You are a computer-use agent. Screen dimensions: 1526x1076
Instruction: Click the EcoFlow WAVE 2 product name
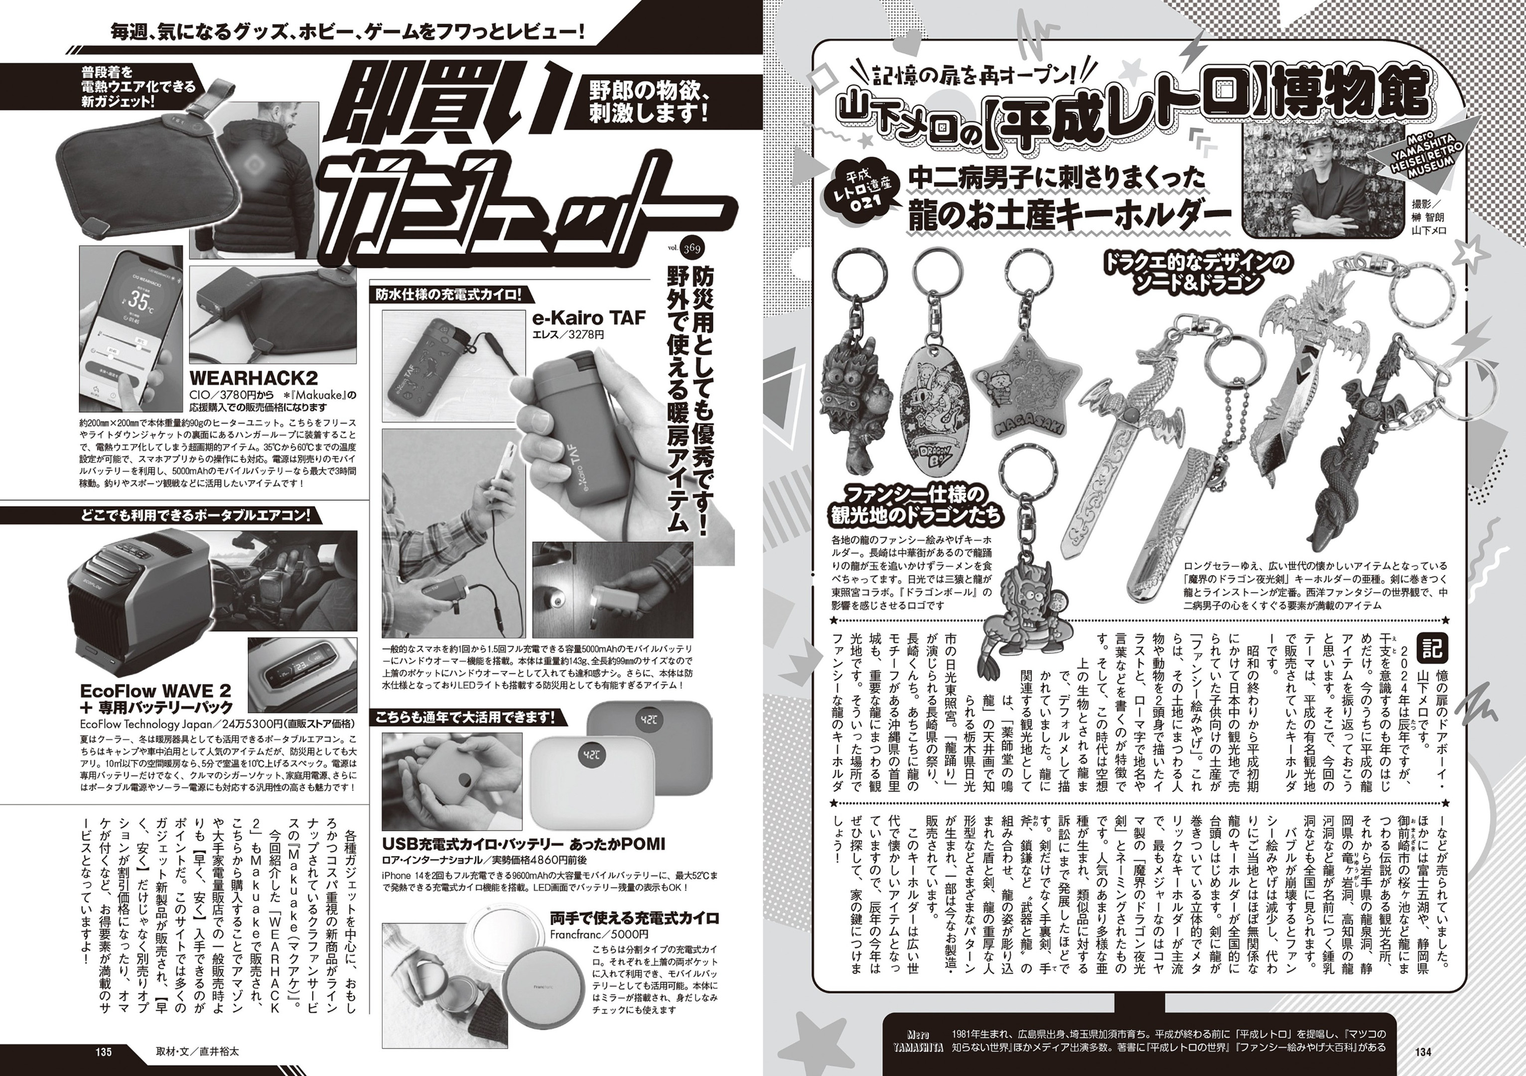point(155,687)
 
